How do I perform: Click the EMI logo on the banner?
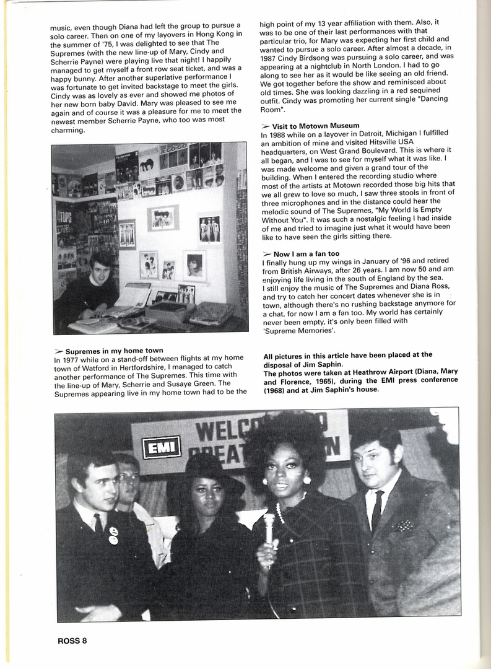click(161, 447)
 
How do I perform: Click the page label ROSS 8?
click(67, 641)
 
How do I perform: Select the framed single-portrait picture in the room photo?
click(194, 265)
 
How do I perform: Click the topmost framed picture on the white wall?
click(163, 217)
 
